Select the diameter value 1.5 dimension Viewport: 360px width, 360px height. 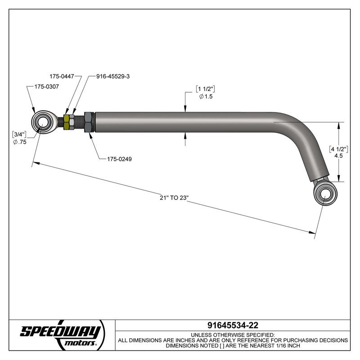tap(205, 96)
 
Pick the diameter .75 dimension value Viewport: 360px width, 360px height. tap(21, 142)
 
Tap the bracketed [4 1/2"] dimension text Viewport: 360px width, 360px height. tap(340, 149)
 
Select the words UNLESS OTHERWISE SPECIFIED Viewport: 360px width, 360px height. tap(233, 335)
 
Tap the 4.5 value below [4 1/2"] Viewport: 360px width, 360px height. tap(340, 157)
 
